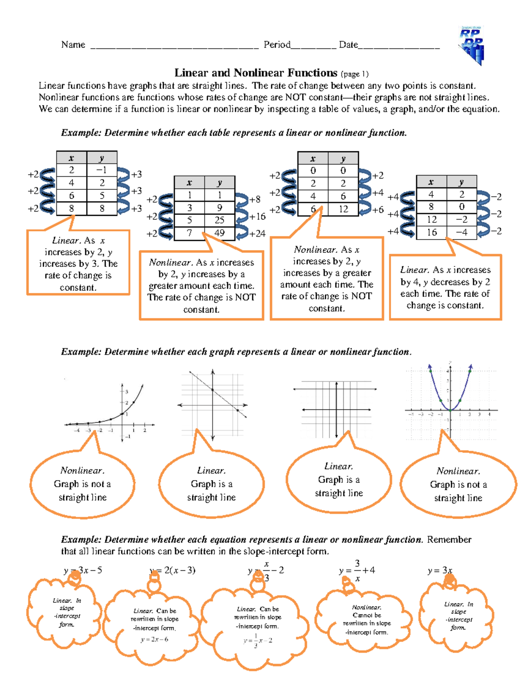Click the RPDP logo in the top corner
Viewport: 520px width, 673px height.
coord(471,45)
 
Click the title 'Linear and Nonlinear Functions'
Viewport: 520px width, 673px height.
coord(256,73)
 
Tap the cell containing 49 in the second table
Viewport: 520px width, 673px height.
coord(219,233)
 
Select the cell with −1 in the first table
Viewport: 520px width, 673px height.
coord(102,170)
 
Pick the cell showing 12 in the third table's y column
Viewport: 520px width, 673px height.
coord(343,209)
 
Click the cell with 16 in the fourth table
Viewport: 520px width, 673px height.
coord(432,232)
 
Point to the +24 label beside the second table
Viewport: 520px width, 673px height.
coord(257,234)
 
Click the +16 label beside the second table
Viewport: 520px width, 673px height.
coord(257,217)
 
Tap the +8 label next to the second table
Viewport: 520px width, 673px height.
coord(255,199)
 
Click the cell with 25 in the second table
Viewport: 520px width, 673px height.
coord(219,220)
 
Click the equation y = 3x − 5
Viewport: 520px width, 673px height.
coord(83,570)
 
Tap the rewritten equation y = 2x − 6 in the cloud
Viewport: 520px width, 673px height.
coord(155,640)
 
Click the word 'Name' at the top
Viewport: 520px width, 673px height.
coord(73,45)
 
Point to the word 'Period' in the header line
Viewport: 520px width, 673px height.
coord(277,45)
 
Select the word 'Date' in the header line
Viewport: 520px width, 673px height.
coord(348,45)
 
